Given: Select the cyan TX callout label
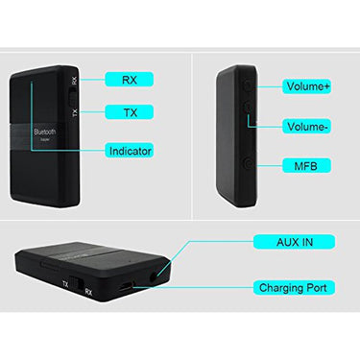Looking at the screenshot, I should click(x=129, y=112).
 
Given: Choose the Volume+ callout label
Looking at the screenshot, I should click(x=309, y=86).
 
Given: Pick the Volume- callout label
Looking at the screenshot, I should click(x=309, y=127).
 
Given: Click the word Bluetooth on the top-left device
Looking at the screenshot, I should click(x=47, y=131).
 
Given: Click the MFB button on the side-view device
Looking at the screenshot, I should click(x=248, y=165).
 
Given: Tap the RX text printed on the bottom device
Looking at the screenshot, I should click(x=88, y=289).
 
